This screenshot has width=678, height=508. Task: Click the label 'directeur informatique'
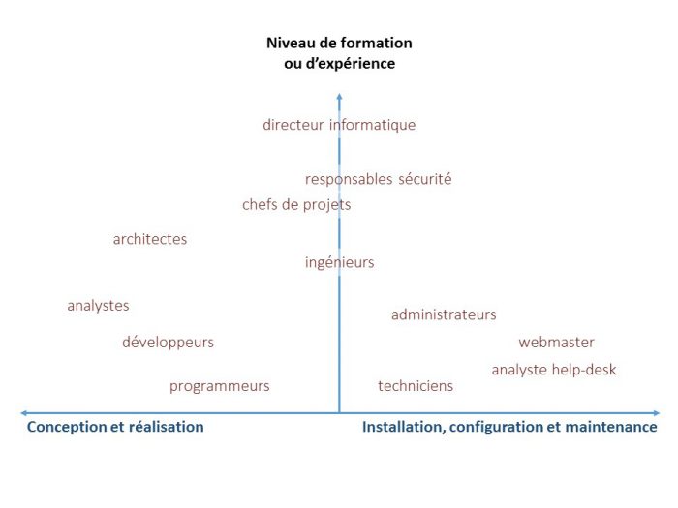pos(339,125)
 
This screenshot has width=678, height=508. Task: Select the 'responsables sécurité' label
pos(378,179)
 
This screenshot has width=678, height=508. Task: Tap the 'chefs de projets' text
pos(296,205)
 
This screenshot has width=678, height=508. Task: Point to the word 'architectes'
pos(150,240)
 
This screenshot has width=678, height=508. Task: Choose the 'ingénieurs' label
pos(339,262)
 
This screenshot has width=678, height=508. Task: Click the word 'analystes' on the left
pos(98,306)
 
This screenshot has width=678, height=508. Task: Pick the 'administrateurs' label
pos(444,314)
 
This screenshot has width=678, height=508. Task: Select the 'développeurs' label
pos(168,343)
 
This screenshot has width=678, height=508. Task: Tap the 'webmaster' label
pos(556,343)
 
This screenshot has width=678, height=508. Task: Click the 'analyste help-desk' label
pos(553,370)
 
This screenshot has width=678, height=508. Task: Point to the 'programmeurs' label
pos(219,386)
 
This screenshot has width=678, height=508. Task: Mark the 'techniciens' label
pos(415,386)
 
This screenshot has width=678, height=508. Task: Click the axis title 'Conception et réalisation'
pos(115,427)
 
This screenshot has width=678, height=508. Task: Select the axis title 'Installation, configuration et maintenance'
pos(509,427)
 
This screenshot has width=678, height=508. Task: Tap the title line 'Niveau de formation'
pos(339,43)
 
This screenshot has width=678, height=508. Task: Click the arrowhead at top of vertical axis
pos(339,95)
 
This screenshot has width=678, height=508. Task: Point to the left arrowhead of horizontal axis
pos(23,413)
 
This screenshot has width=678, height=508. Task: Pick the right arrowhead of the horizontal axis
pos(655,413)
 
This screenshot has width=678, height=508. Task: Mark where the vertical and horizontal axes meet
pos(339,413)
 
